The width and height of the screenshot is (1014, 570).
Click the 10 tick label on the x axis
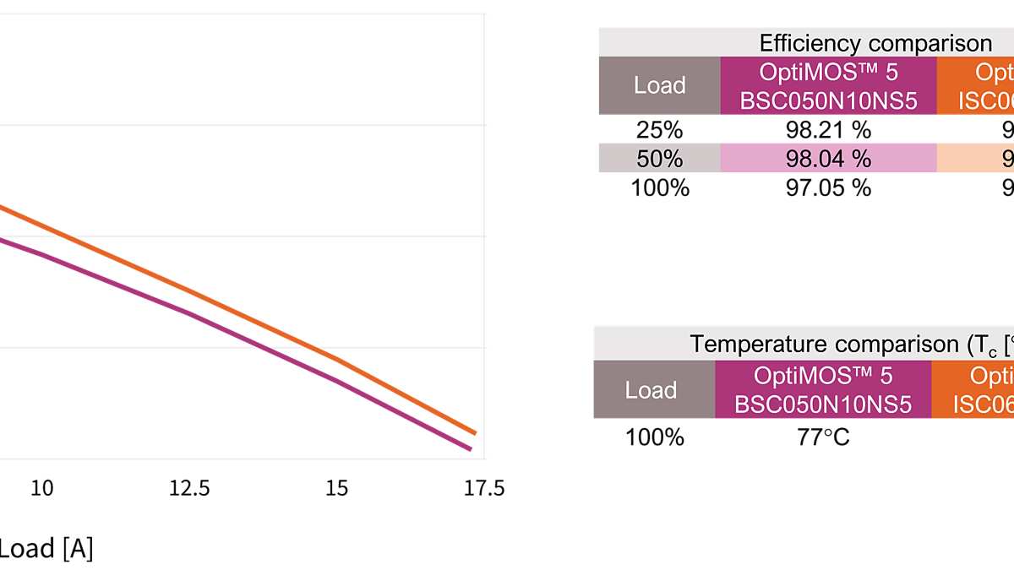(42, 488)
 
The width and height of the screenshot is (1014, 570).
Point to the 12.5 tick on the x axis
(189, 488)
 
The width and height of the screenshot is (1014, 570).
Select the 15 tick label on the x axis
(336, 488)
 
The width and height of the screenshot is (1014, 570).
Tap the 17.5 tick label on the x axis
(484, 488)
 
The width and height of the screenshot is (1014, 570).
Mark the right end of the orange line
(476, 433)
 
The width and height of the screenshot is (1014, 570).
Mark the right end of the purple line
(471, 450)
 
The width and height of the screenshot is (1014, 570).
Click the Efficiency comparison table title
(875, 43)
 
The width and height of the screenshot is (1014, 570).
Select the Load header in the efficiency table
(659, 85)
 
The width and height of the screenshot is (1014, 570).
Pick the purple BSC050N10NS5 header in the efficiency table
(828, 86)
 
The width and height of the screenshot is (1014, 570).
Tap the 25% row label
(659, 129)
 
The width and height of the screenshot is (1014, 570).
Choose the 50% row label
(659, 158)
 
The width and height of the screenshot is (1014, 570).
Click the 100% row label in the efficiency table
(659, 187)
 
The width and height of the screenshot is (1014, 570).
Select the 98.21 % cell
(828, 129)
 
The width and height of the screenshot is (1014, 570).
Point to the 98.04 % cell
(828, 158)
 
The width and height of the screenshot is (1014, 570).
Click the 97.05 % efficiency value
(828, 187)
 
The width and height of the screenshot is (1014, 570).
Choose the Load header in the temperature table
(651, 389)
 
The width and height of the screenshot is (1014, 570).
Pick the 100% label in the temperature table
(654, 437)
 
